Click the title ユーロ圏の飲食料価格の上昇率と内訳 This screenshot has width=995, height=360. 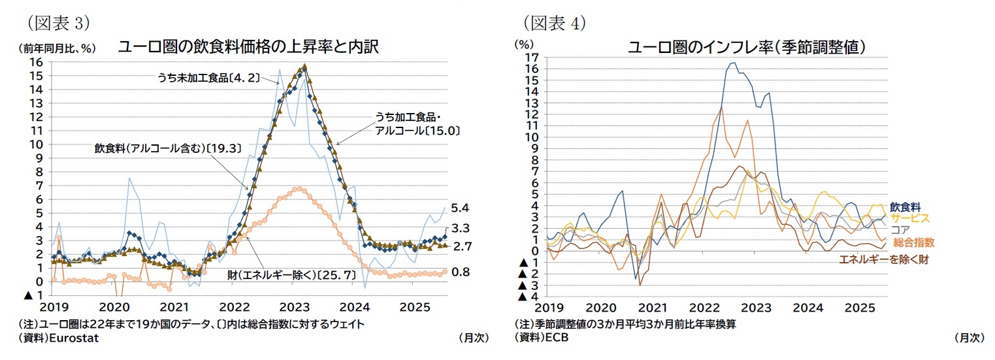pos(248,46)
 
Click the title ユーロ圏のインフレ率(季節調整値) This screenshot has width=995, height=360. pos(747,47)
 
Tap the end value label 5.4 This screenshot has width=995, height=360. pos(461,208)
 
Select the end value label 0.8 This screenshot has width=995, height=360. pos(461,272)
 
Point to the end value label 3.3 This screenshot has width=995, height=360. pos(461,228)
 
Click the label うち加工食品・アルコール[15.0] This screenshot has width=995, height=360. pos(417,124)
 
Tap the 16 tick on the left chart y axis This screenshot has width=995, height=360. pos(37,62)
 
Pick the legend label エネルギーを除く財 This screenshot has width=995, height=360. pos(883,259)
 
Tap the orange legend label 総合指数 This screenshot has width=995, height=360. pos(913,242)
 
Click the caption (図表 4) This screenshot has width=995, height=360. pos(555,23)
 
